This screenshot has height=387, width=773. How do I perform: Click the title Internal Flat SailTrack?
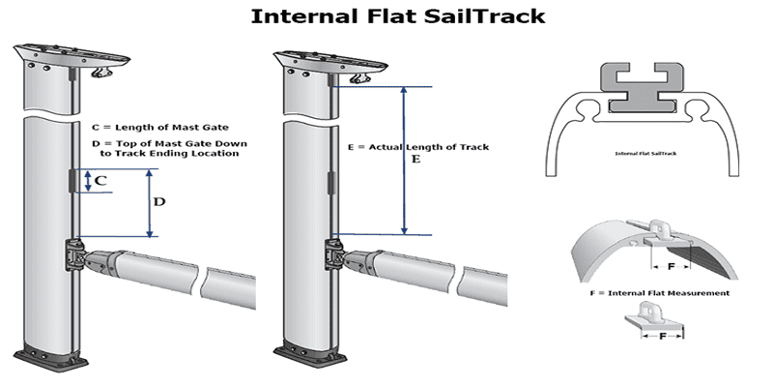point(386,16)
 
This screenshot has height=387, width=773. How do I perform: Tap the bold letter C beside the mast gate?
point(100,179)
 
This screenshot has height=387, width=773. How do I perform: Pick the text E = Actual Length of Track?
point(417,147)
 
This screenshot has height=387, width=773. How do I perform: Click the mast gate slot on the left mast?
point(74,180)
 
